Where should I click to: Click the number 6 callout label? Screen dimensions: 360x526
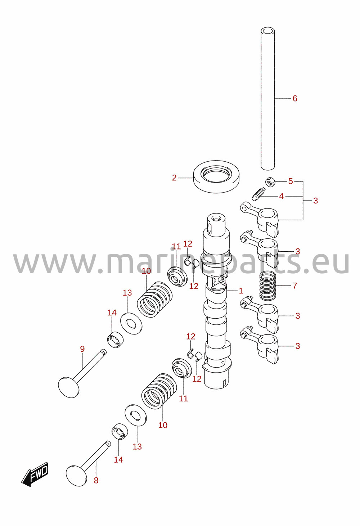coord(295,98)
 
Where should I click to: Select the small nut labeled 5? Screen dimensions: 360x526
coord(270,182)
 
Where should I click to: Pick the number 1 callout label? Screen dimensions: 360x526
coord(241,291)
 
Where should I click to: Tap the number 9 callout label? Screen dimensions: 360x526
coord(82,349)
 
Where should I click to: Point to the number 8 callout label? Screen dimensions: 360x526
coord(96,481)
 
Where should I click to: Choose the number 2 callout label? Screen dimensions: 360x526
coord(174,178)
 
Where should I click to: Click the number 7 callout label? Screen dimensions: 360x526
coord(295,286)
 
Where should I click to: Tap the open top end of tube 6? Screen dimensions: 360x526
coord(268,31)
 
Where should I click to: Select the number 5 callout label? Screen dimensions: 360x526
coord(291,181)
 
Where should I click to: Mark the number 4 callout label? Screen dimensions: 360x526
coord(281,196)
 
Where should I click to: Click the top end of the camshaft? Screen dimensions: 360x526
coord(216,218)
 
